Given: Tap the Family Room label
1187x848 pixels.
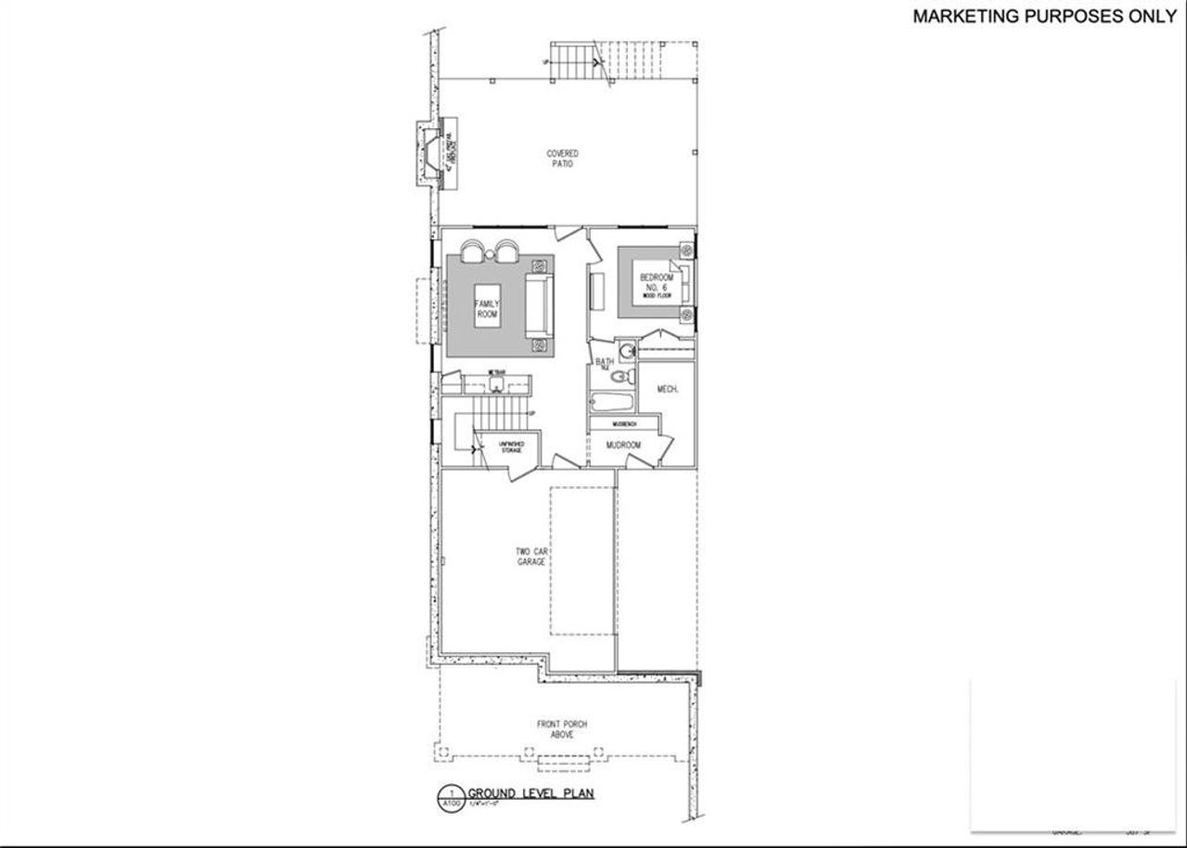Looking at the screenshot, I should click(487, 310).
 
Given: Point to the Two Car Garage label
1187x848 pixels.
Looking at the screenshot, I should click(531, 557).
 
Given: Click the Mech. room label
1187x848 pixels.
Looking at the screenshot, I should click(667, 390).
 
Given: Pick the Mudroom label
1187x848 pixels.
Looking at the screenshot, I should click(624, 445).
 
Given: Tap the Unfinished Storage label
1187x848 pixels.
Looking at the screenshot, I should click(513, 447).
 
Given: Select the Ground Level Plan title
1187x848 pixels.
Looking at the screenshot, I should click(530, 793).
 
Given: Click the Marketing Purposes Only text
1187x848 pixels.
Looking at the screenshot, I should click(1043, 16).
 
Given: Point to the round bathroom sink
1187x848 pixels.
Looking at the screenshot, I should click(627, 351).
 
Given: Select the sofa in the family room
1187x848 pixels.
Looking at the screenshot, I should click(537, 306).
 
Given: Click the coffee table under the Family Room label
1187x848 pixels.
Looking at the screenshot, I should click(487, 310).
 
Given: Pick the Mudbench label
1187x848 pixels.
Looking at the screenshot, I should click(624, 423).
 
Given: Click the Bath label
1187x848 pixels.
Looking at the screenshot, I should click(605, 362).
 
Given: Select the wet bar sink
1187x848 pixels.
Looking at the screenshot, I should click(497, 381).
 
